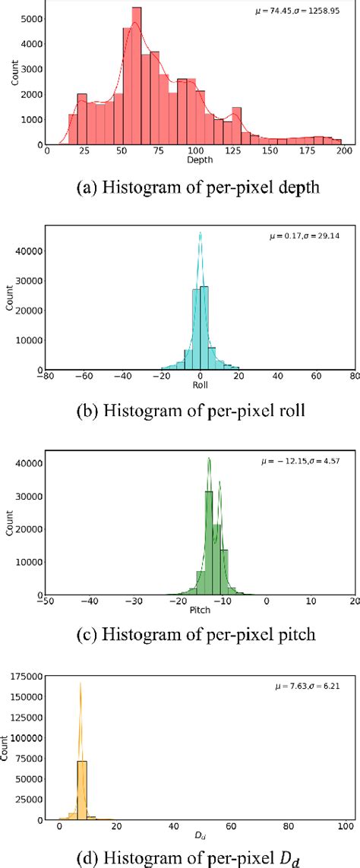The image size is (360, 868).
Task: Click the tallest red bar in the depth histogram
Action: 137,76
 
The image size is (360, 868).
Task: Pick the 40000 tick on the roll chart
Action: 27,251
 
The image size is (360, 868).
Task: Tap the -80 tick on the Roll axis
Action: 47,376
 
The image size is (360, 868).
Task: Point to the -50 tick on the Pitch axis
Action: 47,601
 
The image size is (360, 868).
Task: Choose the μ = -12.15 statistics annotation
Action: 307,461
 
